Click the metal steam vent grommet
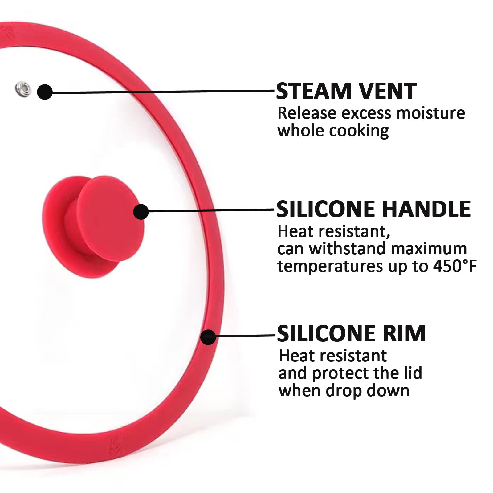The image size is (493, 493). point(23,89)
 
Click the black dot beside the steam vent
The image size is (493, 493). point(45,92)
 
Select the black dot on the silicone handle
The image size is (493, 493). point(141,212)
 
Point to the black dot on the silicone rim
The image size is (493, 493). point(208,337)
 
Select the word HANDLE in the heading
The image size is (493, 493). point(426,209)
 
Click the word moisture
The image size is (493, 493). point(430,113)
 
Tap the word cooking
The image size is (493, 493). point(359,131)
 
